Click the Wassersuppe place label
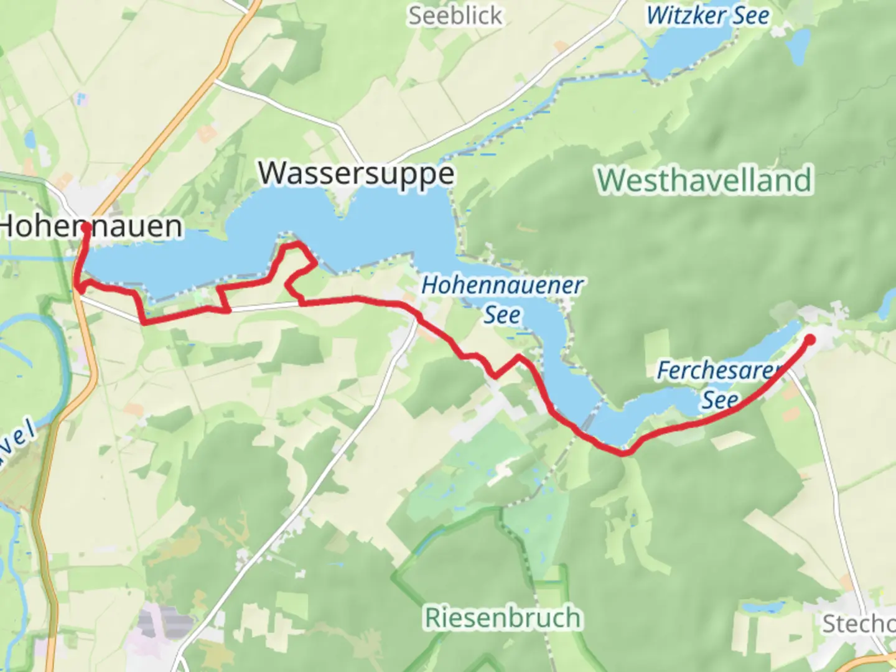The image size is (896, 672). pos(356,174)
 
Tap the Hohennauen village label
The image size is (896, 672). pos(91,226)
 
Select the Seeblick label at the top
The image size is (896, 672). pos(455,16)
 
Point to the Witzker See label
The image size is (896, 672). pos(707,16)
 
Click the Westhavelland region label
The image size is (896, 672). pos(704,180)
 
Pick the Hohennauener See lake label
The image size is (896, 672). pos(502,286)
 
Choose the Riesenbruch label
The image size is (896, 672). pos(503,618)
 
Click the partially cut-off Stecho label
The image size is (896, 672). pos(859,623)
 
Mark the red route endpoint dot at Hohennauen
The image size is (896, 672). pos(85,228)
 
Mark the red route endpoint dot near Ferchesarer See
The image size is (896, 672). pos(810,339)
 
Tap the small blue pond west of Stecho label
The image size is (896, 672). pos(763,607)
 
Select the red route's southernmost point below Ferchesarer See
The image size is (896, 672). pos(622,453)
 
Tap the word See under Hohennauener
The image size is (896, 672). pos(502,315)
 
